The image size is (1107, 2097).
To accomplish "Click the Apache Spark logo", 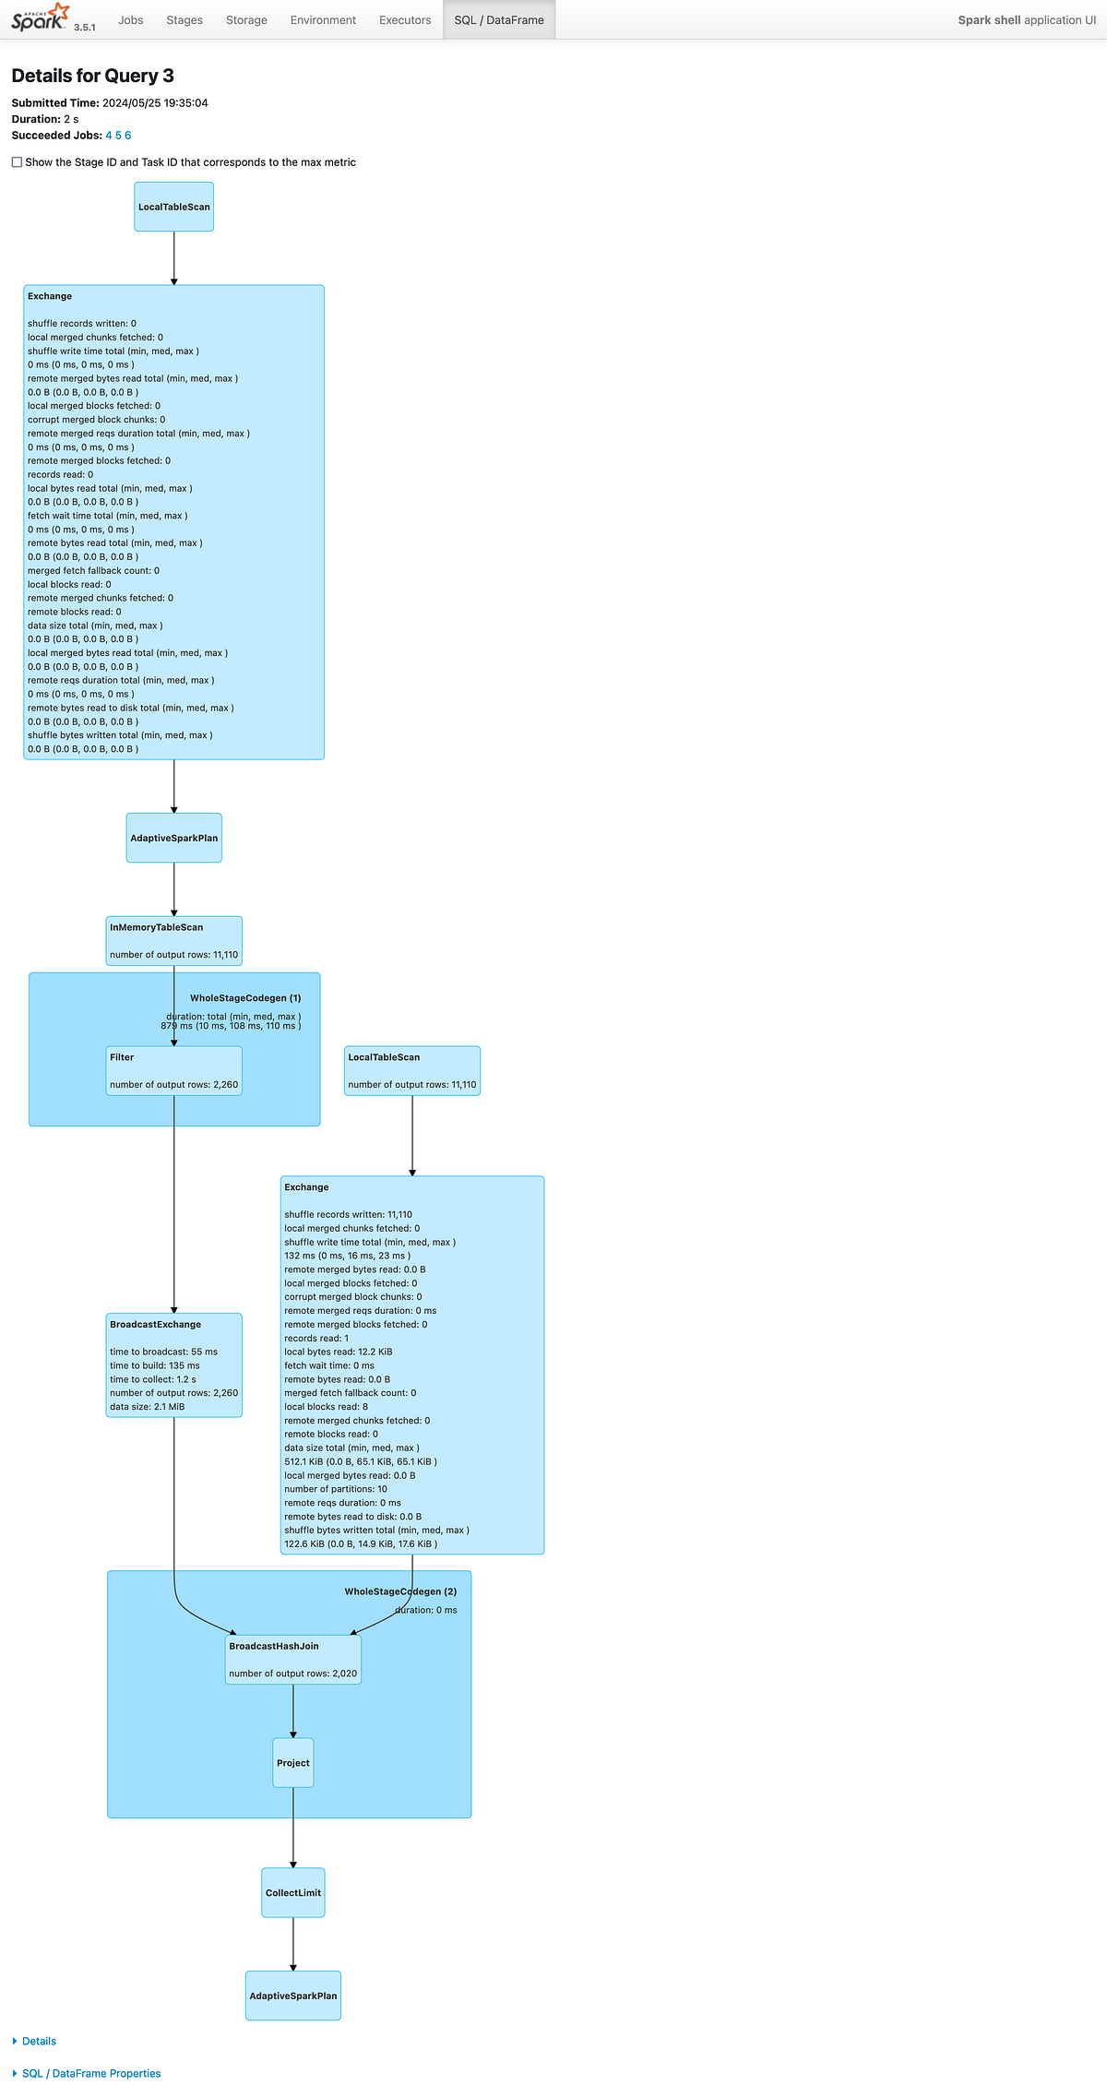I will click(40, 18).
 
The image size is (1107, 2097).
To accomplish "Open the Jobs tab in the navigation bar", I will click(131, 20).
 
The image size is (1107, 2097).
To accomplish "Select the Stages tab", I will click(184, 20).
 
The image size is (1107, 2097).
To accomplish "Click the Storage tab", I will click(246, 20).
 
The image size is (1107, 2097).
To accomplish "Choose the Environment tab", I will click(323, 20).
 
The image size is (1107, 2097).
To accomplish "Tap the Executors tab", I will click(405, 20).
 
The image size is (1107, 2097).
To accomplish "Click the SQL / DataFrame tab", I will click(499, 20).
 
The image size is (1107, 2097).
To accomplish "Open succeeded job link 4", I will click(109, 136).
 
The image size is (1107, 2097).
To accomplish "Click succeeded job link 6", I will click(128, 136).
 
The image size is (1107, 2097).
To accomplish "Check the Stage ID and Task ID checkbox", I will click(17, 162).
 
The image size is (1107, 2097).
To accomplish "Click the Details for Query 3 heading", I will click(92, 76).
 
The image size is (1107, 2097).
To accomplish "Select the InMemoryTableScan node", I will click(174, 941).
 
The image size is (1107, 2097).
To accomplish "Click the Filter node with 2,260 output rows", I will click(174, 1071).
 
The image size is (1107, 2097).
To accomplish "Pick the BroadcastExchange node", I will click(174, 1365).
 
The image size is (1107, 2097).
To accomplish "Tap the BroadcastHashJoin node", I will click(293, 1660).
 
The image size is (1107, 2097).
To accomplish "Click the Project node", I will click(293, 1763).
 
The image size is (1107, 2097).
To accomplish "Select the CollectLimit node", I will click(293, 1893).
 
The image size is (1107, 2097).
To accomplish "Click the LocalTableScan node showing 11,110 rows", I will click(412, 1071).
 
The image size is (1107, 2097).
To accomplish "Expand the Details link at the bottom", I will click(39, 2042).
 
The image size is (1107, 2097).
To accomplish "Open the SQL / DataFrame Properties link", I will click(91, 2074).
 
